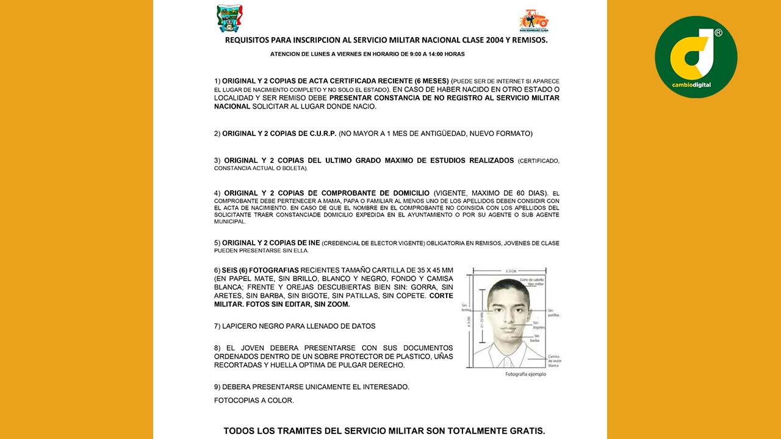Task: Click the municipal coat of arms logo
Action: coord(229,18)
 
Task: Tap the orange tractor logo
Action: coord(534,20)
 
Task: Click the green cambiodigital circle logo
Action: coord(696,57)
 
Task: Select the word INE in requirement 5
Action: coord(313,243)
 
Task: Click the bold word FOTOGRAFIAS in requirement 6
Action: coord(275,270)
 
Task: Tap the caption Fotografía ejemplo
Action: coord(526,374)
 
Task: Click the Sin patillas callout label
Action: coord(553,313)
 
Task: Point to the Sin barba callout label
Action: coord(537,338)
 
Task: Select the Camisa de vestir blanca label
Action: coord(554,360)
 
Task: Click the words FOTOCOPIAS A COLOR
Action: coord(254,401)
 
